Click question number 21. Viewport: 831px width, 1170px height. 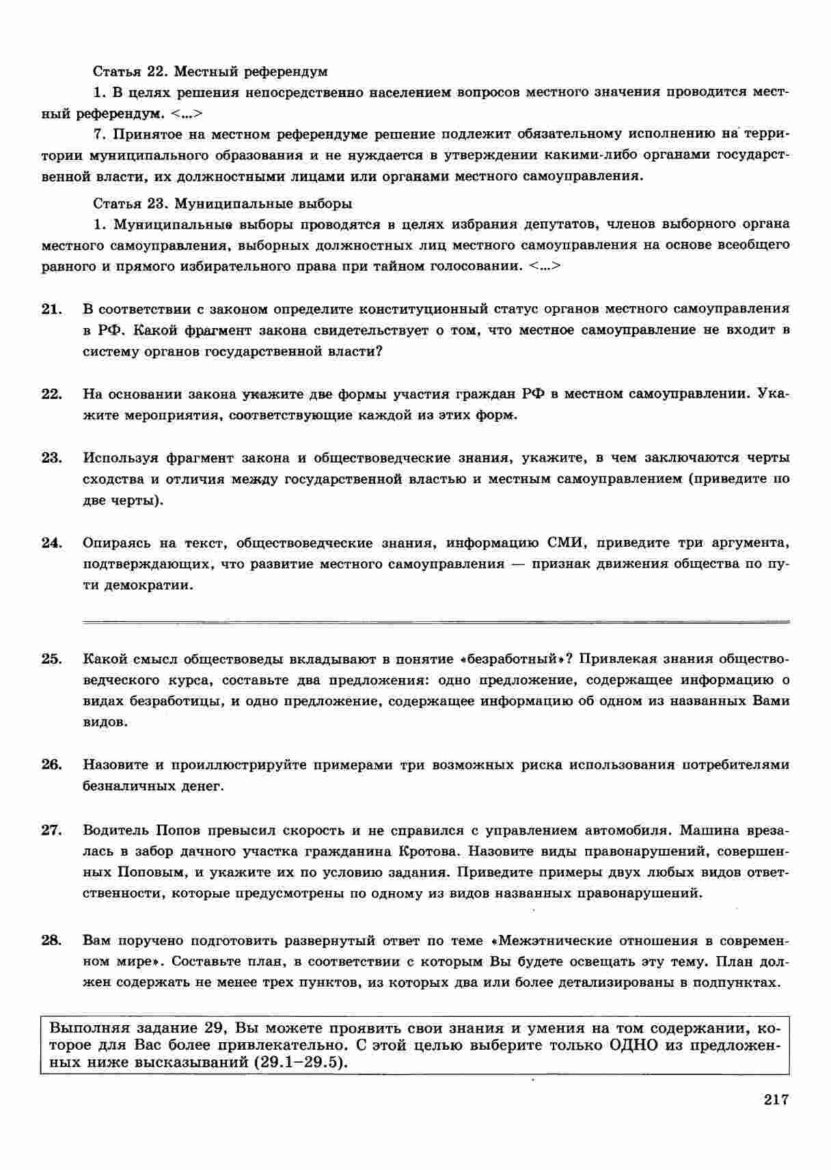coord(51,309)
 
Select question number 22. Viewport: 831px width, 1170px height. coord(51,394)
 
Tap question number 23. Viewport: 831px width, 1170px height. coord(51,458)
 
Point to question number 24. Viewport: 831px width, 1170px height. coord(51,543)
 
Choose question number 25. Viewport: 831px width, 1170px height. coord(51,659)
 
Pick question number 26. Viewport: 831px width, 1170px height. coord(51,765)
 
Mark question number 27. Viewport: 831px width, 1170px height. coord(51,830)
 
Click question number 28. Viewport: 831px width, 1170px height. coord(51,940)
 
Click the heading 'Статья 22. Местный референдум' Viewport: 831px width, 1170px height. coord(210,71)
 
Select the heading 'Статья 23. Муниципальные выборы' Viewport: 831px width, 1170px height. coord(222,203)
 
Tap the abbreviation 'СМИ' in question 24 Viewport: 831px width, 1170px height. coord(564,543)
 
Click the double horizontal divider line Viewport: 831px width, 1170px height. coord(435,622)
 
